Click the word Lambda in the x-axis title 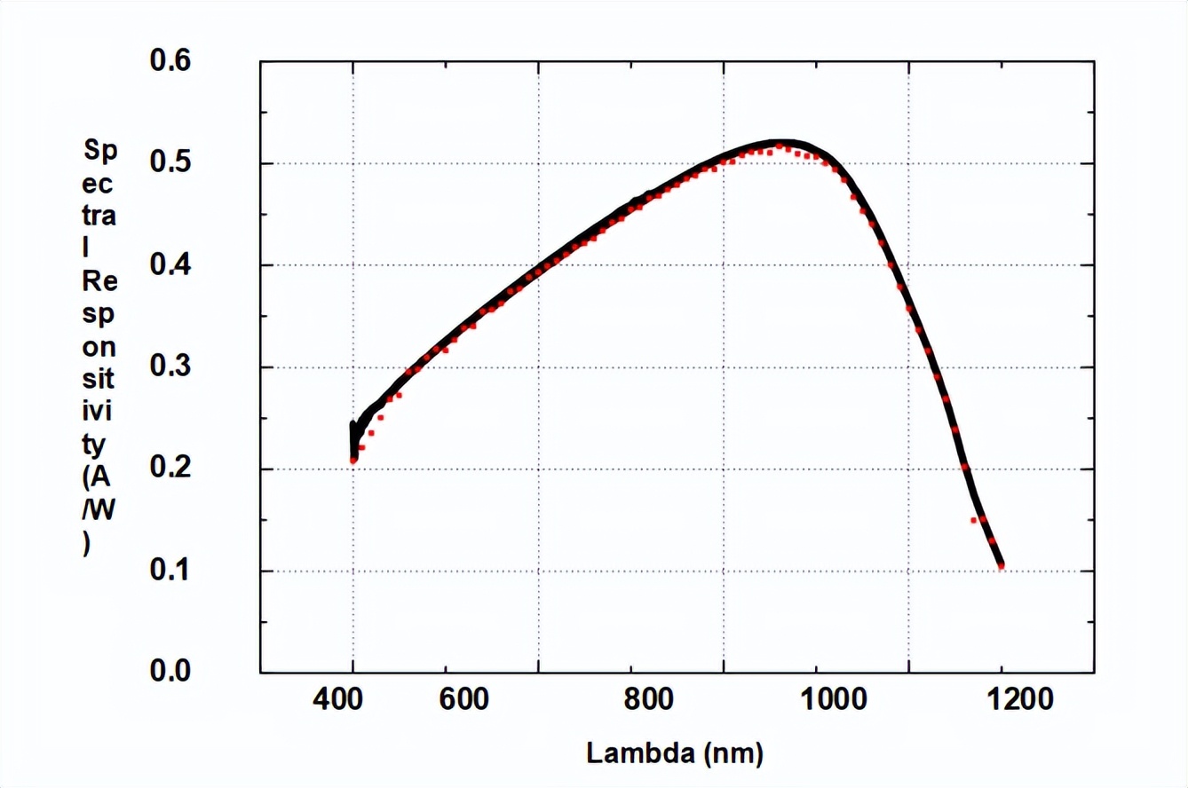click(x=640, y=754)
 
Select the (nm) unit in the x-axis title click(x=733, y=755)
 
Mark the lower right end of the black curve click(x=1001, y=564)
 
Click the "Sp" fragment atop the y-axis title click(x=99, y=150)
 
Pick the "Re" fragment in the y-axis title click(x=99, y=282)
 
